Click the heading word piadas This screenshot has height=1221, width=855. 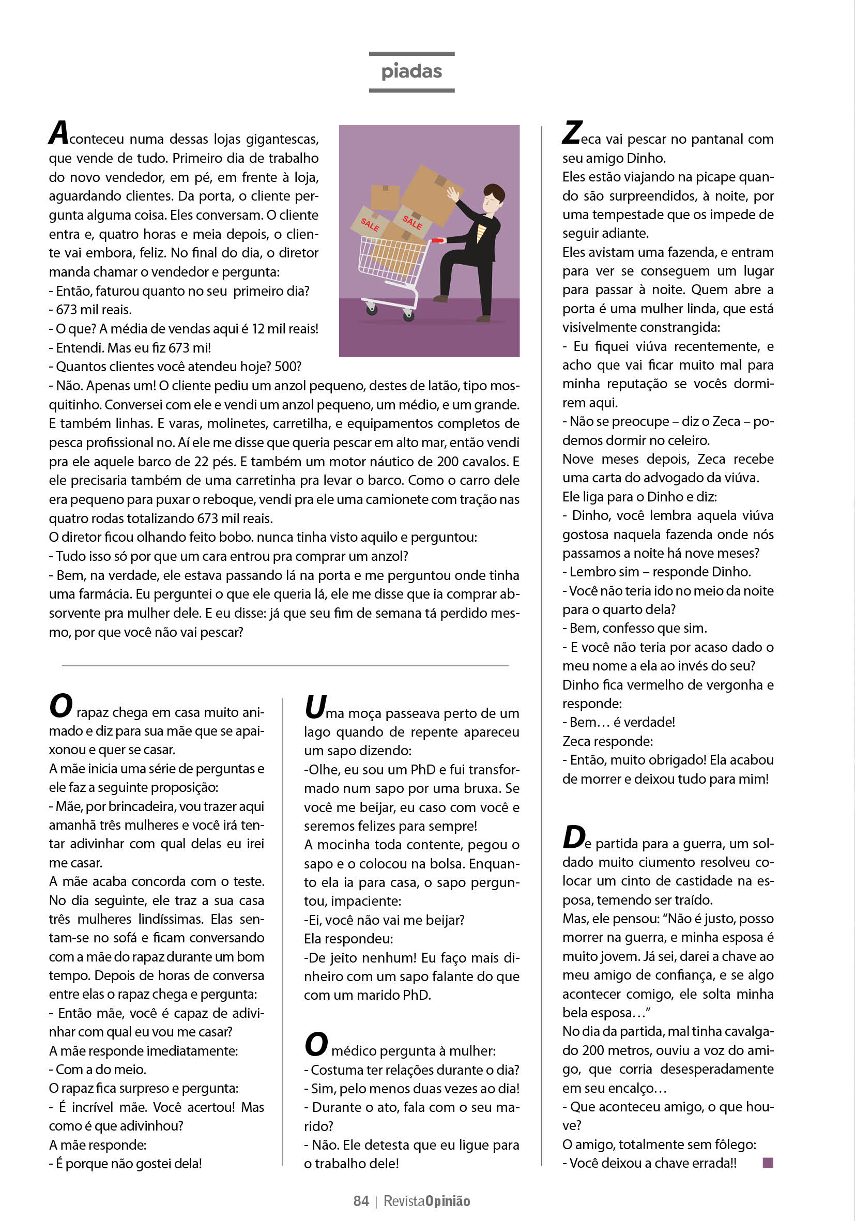point(411,72)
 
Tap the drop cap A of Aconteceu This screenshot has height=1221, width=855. point(58,132)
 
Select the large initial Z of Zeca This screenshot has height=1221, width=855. point(572,132)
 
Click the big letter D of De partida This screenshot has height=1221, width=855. point(573,837)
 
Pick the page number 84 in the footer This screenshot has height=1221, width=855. point(361,1201)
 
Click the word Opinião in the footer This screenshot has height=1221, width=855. point(448,1201)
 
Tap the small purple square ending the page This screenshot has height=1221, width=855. point(767,1163)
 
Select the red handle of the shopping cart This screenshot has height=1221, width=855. point(437,241)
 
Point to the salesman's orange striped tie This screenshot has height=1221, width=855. point(481,233)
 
